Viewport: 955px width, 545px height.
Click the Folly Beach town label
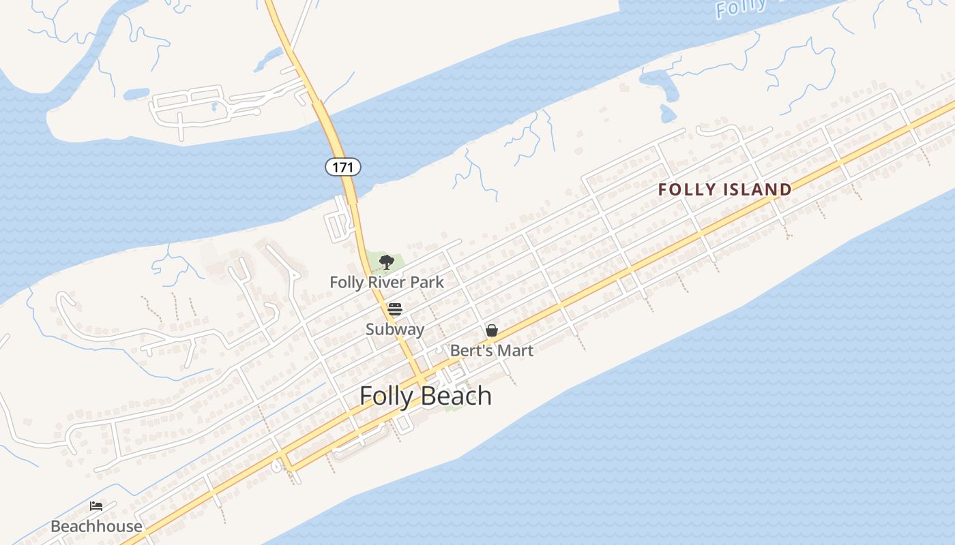[x=425, y=396]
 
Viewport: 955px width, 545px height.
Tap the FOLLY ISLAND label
[x=724, y=189]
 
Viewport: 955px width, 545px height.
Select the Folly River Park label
[x=386, y=282]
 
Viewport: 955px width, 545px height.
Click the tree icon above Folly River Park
[x=386, y=262]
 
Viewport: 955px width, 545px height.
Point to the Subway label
[x=394, y=329]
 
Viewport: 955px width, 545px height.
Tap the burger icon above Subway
[x=394, y=309]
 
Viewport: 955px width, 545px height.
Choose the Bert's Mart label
[x=491, y=350]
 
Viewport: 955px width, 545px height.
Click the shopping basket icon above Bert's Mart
[x=491, y=330]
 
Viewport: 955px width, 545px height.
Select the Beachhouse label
[x=96, y=526]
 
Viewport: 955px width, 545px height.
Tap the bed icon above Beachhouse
[x=96, y=506]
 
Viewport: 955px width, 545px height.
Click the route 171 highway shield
[x=342, y=166]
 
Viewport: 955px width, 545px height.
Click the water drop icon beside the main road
[x=276, y=466]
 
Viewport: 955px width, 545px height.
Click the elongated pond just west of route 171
[x=269, y=60]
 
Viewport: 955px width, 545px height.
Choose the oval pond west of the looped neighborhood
[x=136, y=93]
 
